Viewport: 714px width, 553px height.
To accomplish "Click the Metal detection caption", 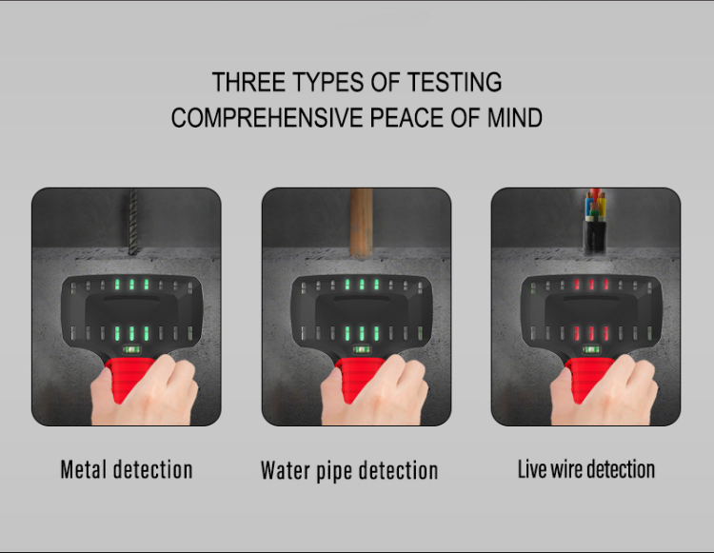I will coord(127,469).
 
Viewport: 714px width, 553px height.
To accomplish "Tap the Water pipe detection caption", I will coord(349,470).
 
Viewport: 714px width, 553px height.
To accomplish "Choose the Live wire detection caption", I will coord(585,469).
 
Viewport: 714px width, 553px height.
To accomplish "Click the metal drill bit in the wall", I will coord(132,220).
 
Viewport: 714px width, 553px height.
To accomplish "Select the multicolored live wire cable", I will coord(591,222).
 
